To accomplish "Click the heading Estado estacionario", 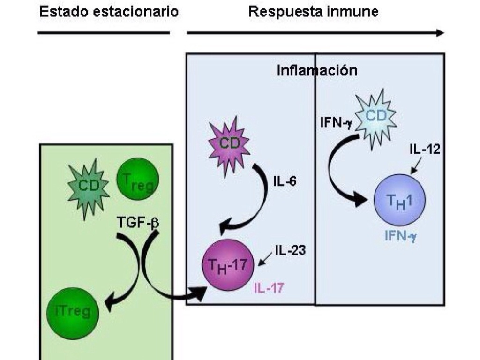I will tap(109, 12).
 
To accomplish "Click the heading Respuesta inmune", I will tap(313, 12).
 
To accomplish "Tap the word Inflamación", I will tap(317, 70).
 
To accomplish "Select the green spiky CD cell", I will tap(88, 186).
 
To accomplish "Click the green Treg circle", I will tap(137, 179).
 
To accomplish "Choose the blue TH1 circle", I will tap(399, 200).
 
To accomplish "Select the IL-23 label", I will tap(290, 250).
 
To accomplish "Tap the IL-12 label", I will tap(424, 149).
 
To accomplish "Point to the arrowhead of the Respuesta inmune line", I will tap(439, 33).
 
